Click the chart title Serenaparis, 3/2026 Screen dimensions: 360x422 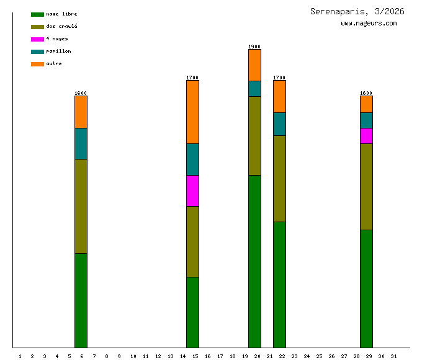pos(357,11)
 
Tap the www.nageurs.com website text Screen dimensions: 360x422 pos(369,24)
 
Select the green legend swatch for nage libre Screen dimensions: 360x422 pos(37,14)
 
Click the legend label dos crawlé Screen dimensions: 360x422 pos(61,27)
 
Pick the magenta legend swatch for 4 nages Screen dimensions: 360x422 pos(37,39)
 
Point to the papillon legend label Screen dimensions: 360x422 pos(58,52)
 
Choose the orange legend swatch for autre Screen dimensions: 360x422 pos(37,64)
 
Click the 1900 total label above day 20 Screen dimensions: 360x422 pos(254,47)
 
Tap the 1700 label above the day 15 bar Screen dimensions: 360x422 pos(192,78)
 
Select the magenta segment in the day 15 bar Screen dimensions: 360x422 pos(192,191)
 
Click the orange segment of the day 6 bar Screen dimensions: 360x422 pos(81,112)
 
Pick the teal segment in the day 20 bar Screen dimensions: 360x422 pos(254,89)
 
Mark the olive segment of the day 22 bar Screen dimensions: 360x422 pos(279,178)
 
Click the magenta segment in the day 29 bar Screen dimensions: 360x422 pos(366,136)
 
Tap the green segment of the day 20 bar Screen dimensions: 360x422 pos(254,261)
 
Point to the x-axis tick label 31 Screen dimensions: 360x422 pos(393,356)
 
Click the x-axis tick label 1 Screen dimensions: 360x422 pos(20,356)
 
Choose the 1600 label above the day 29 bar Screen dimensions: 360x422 pos(366,93)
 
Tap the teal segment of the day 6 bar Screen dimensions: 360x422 pos(81,143)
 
